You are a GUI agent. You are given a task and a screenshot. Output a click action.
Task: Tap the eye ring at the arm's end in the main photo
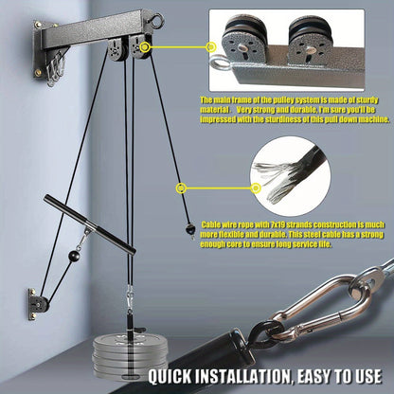186,15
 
